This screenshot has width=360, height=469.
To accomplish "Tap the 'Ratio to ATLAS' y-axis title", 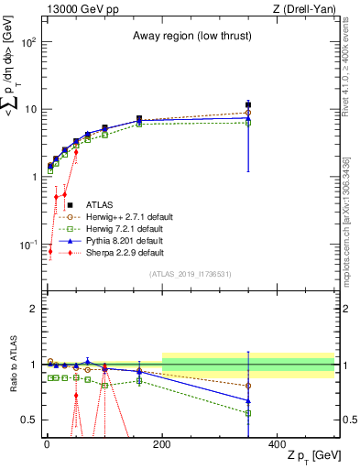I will [x=12, y=365].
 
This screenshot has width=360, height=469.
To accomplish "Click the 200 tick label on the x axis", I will [x=162, y=442].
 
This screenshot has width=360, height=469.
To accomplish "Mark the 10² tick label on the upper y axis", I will [x=29, y=42].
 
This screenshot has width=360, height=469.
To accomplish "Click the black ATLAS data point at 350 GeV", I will [x=248, y=105].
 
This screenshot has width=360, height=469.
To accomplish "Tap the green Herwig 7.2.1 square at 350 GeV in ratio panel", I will [x=248, y=413].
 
